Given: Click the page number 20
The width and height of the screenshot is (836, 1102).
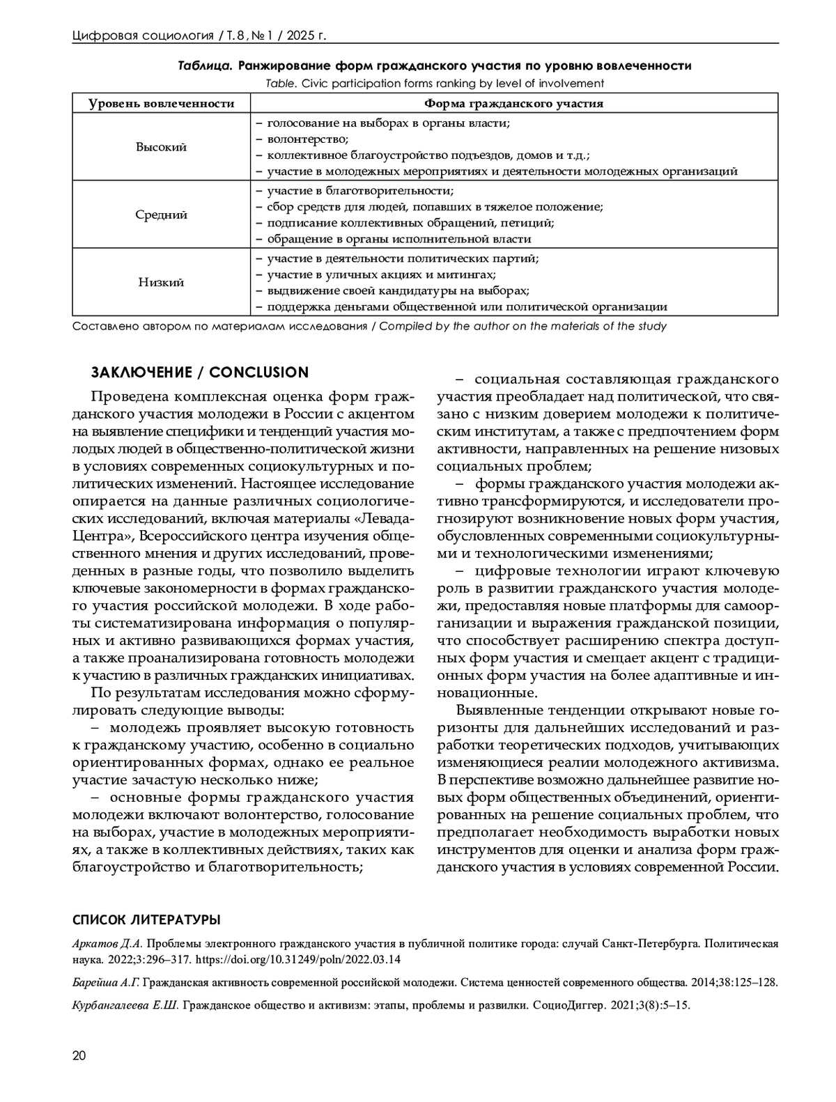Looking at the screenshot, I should click(x=79, y=1056).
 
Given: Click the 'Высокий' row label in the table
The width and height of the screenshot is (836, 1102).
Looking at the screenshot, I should click(x=161, y=147).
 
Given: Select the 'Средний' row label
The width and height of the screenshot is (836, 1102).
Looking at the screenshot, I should click(x=161, y=215).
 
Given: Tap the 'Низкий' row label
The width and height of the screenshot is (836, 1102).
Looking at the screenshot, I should click(x=161, y=282).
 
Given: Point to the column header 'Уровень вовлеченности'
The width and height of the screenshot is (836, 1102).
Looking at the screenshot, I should click(x=161, y=104).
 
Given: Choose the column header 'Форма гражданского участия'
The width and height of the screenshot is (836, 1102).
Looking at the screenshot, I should click(x=514, y=104).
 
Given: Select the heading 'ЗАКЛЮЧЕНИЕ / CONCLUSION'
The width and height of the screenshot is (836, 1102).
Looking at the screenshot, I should click(x=199, y=372).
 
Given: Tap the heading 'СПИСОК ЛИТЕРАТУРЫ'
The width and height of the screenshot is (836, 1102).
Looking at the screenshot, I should click(x=146, y=920).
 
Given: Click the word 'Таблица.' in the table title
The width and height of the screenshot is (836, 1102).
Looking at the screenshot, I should click(x=205, y=66).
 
